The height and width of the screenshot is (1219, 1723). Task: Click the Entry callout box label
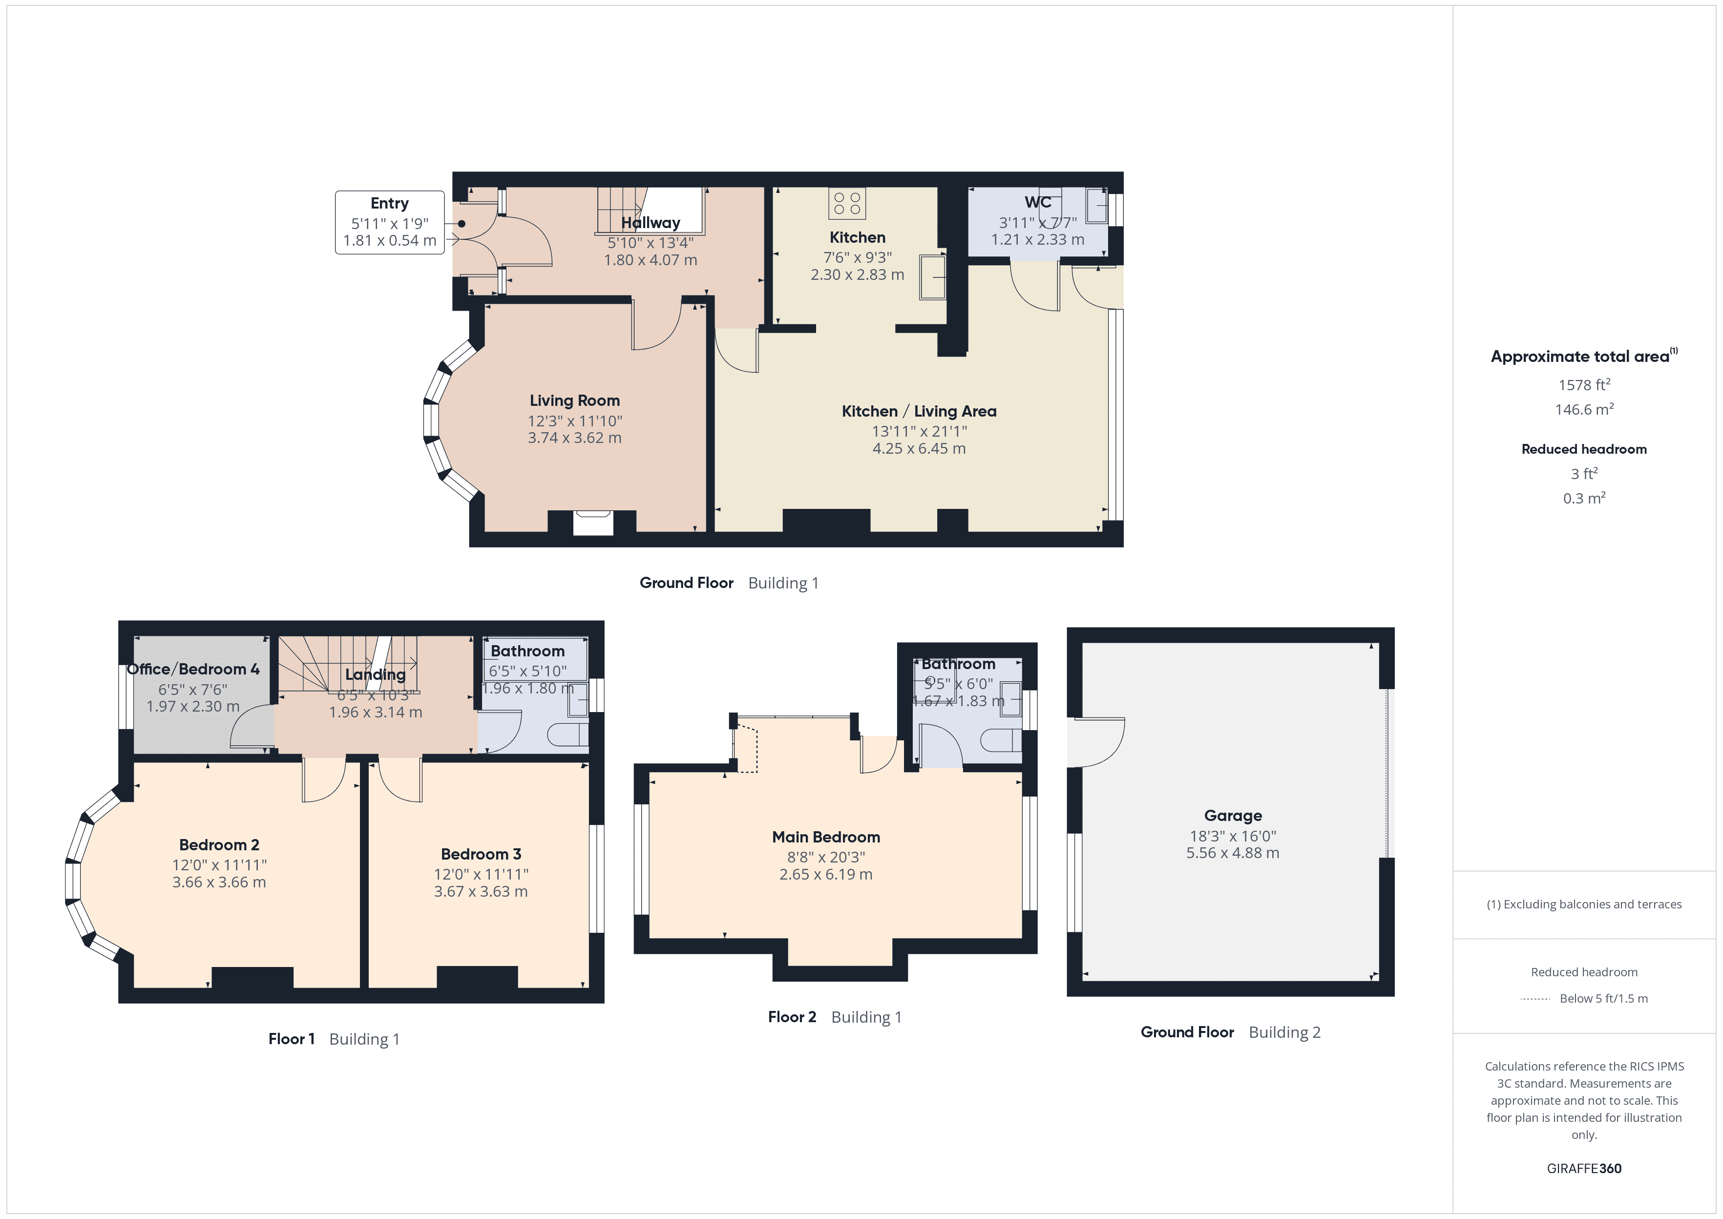[389, 204]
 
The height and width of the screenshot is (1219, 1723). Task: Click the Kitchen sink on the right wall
[933, 276]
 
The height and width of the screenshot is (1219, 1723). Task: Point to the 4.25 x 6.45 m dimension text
[919, 449]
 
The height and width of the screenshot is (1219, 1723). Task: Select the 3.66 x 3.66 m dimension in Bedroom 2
[219, 883]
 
